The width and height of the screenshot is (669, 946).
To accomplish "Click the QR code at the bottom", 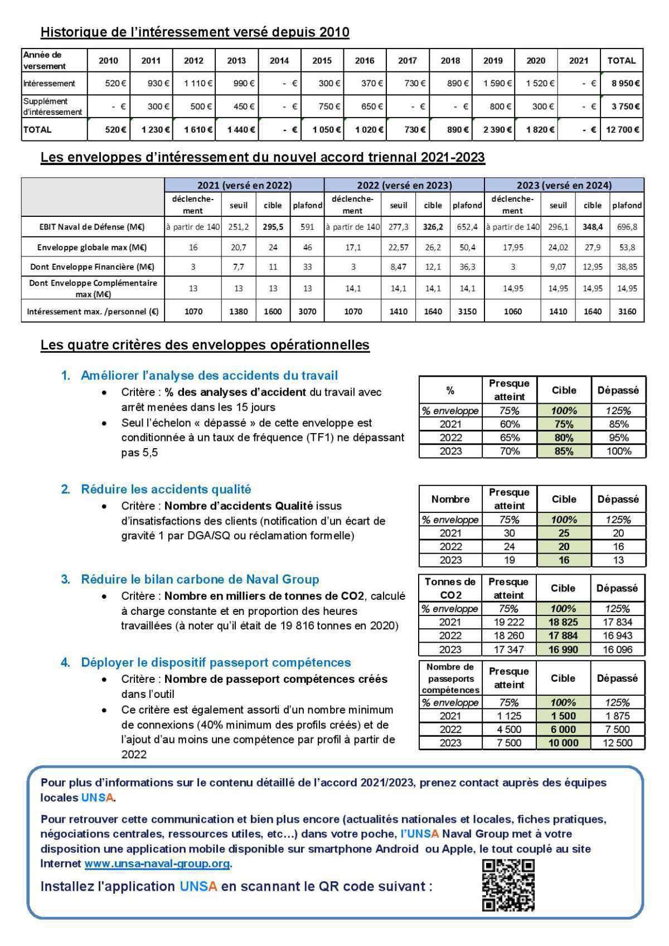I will click(x=508, y=885).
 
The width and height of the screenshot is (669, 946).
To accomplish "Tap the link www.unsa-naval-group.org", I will click(x=157, y=863).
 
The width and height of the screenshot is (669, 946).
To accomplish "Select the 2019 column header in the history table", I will click(x=493, y=61).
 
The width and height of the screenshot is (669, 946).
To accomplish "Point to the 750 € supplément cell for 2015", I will click(x=323, y=106).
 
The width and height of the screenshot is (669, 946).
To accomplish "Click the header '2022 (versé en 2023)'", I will click(x=404, y=185).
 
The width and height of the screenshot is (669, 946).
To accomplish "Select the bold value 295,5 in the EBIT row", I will click(x=273, y=227).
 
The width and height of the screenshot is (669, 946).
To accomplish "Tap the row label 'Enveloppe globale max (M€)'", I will click(x=92, y=247).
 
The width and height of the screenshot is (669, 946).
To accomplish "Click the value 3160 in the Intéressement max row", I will click(x=627, y=312).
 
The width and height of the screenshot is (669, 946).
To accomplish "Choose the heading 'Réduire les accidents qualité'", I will click(x=166, y=489).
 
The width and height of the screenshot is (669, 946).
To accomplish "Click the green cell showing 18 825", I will click(x=563, y=622).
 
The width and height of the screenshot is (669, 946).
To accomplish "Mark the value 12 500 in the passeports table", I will click(x=617, y=743).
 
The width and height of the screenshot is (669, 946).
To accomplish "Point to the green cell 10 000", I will click(x=563, y=743).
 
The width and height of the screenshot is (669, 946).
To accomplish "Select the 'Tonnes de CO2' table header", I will click(x=450, y=588).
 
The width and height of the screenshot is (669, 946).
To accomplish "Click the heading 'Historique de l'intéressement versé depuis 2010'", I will click(x=195, y=32).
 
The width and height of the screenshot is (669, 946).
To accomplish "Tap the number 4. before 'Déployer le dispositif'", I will click(x=66, y=663).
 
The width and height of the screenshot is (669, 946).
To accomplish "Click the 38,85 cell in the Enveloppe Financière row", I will click(x=627, y=267).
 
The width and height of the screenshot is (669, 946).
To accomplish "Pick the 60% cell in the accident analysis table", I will click(x=509, y=424).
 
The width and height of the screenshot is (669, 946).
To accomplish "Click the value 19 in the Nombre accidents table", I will click(x=509, y=560).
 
